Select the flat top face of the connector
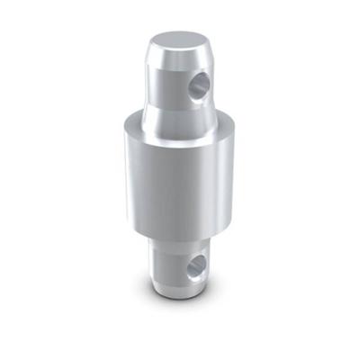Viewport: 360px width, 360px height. coord(179,41)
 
